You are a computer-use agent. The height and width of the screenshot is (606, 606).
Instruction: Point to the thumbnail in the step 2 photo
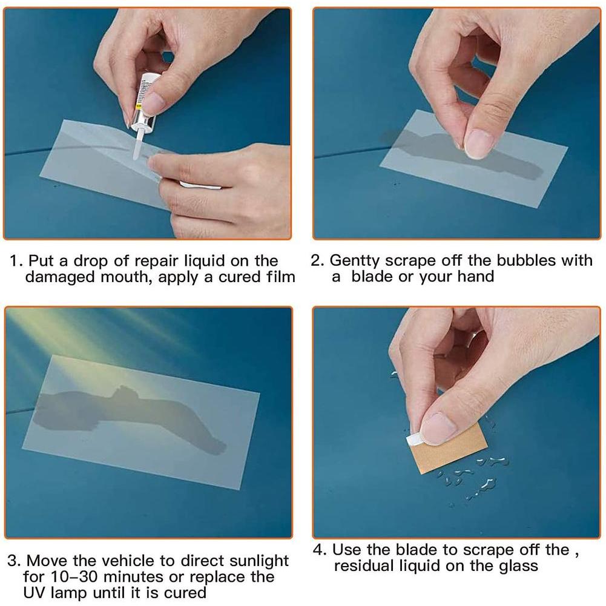pyautogui.click(x=478, y=144)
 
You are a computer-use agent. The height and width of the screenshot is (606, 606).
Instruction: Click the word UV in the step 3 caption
pyautogui.click(x=35, y=593)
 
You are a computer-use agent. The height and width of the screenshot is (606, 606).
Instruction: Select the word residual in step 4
pyautogui.click(x=364, y=566)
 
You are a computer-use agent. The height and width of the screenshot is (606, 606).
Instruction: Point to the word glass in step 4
pyautogui.click(x=518, y=567)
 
